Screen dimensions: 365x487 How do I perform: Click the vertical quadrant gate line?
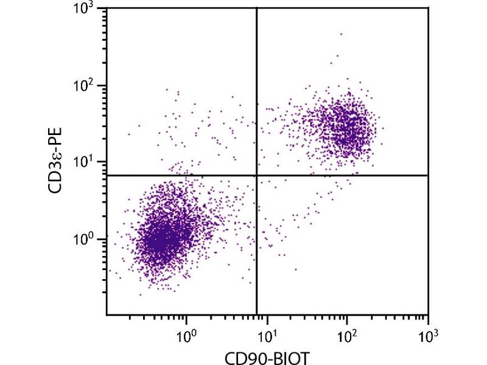point(256,91)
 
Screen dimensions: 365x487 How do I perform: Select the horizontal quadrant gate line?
point(341,175)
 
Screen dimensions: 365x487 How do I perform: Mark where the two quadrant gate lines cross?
point(256,175)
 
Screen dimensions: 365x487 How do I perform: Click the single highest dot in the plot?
point(341,34)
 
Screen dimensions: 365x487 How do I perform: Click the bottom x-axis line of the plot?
point(268,314)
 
